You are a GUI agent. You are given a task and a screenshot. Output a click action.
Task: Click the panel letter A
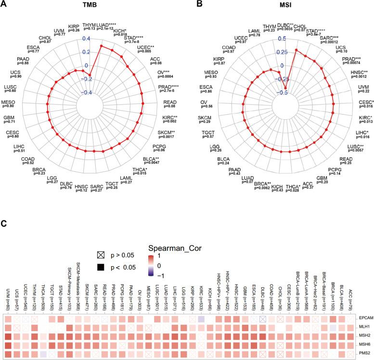tap(4, 4)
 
